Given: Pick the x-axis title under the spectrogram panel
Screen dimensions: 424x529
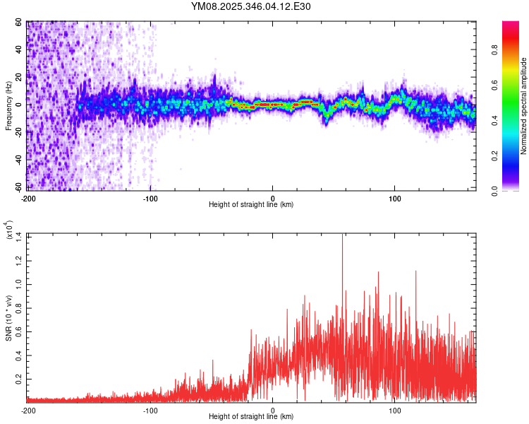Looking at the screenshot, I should [x=251, y=204].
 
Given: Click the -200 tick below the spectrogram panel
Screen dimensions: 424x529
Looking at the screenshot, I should [x=29, y=197].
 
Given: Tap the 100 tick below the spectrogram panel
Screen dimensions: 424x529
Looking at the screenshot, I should [x=395, y=197].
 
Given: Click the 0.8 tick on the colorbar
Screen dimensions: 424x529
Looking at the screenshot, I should [x=513, y=51].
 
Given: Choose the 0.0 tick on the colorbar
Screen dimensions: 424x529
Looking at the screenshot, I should [x=513, y=189].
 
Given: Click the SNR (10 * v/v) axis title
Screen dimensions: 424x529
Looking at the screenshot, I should [x=9, y=317].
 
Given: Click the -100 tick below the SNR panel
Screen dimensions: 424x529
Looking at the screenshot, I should [x=150, y=410].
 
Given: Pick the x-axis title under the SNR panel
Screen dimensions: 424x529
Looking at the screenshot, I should [x=251, y=417].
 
